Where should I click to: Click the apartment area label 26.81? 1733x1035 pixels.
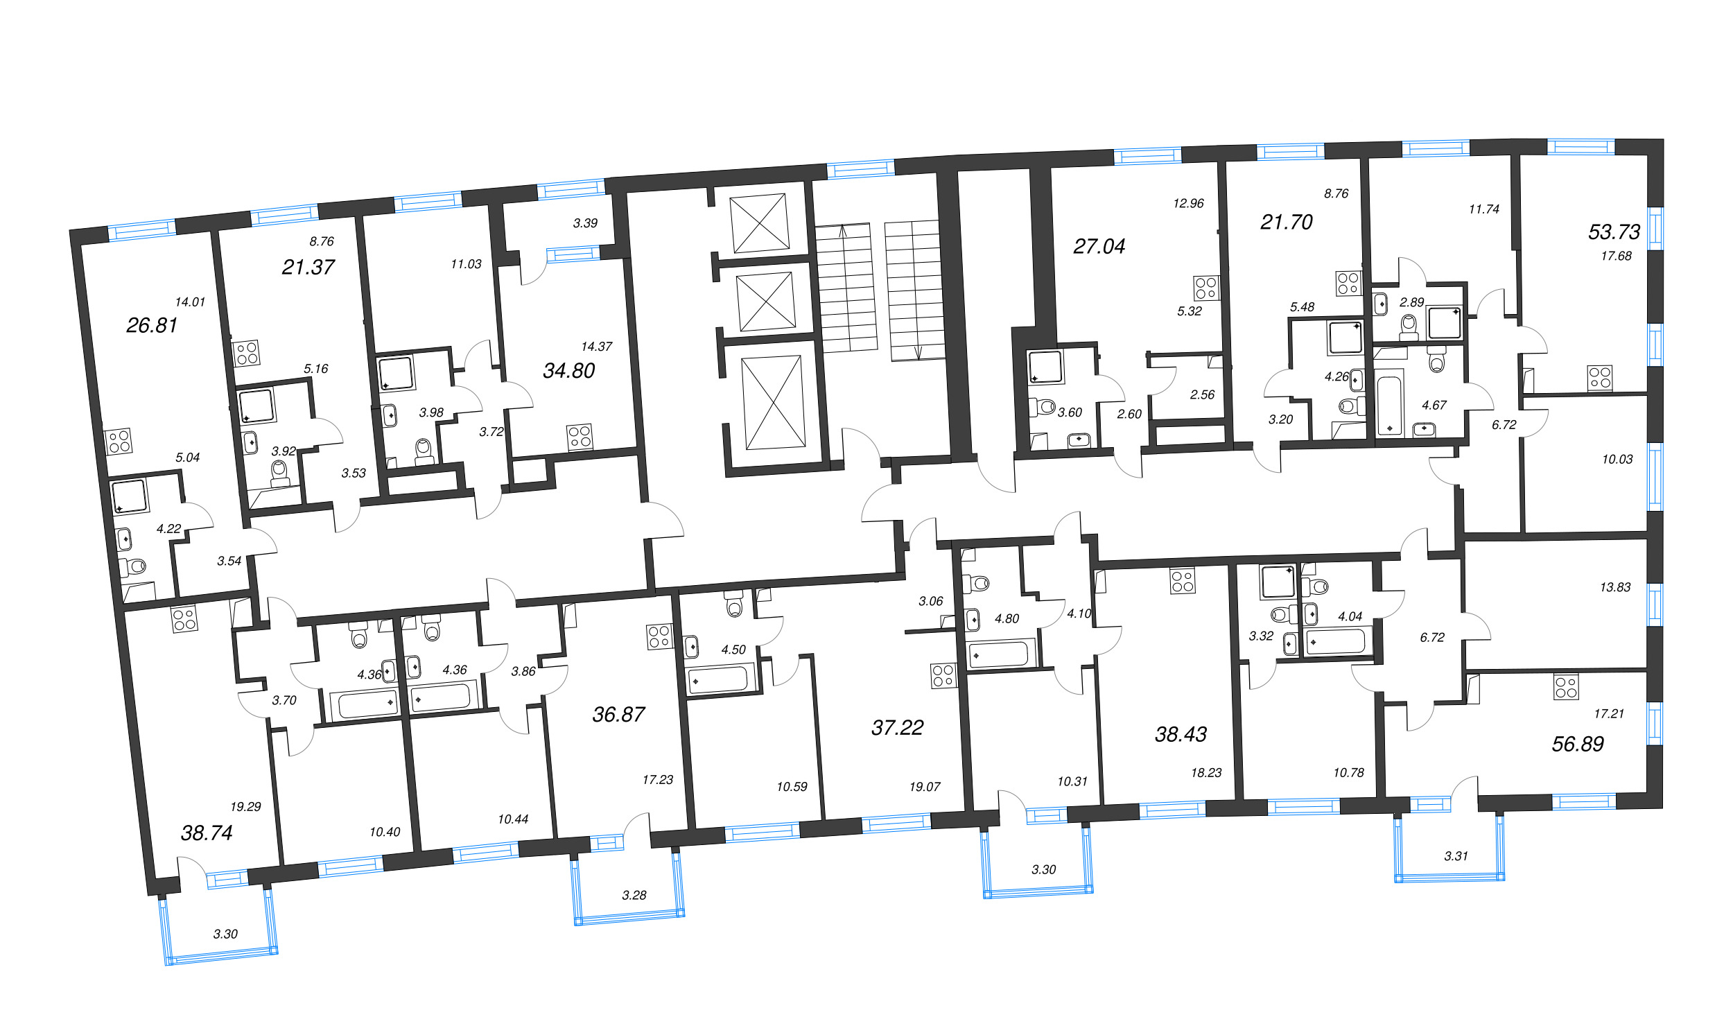pos(151,325)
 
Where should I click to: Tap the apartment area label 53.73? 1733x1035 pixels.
pos(1614,232)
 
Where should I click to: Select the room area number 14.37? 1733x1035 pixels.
pos(596,346)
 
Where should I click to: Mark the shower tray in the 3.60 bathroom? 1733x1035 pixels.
pos(1045,367)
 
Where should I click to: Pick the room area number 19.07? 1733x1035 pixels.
pos(924,787)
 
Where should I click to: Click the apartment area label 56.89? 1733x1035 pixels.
pos(1578,744)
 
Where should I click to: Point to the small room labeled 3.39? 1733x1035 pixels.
pos(584,223)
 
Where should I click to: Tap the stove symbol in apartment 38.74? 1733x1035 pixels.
pos(184,619)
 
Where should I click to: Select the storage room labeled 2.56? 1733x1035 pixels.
pos(1201,394)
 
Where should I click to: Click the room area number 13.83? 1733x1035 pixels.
pos(1615,587)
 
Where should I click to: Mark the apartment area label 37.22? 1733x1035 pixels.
pos(897,728)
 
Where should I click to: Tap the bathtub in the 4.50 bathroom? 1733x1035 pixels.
pos(719,679)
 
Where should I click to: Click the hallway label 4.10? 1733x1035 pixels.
pos(1079,614)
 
